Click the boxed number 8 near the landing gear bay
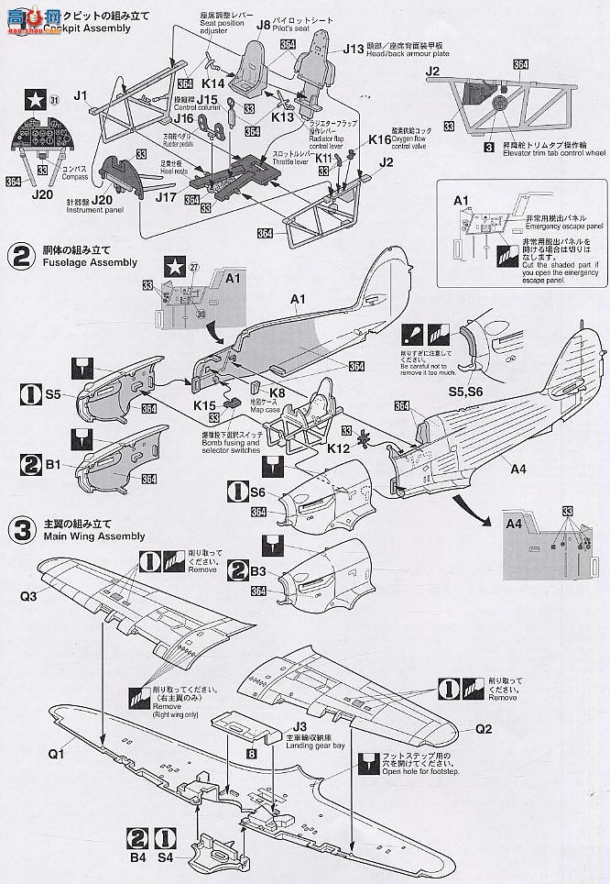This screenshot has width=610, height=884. click(251, 753)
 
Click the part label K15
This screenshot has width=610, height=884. click(204, 404)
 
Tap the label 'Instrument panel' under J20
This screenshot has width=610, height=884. click(94, 210)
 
